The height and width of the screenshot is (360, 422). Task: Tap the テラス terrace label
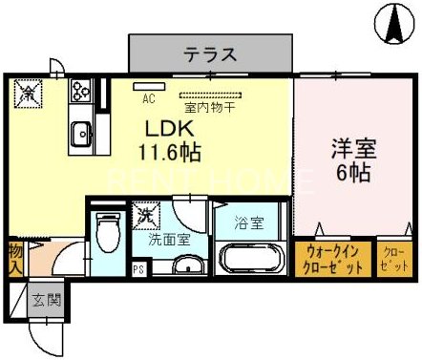click(x=210, y=53)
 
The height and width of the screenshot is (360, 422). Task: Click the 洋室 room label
click(x=352, y=150)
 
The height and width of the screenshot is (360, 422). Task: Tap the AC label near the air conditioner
click(x=148, y=97)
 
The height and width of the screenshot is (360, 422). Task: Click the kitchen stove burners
click(x=79, y=94)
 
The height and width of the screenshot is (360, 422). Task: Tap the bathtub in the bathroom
click(x=250, y=259)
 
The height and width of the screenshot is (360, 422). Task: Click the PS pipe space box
click(x=138, y=268)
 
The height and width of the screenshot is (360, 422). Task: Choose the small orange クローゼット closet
click(x=391, y=258)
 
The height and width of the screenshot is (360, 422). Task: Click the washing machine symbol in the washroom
click(x=146, y=215)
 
